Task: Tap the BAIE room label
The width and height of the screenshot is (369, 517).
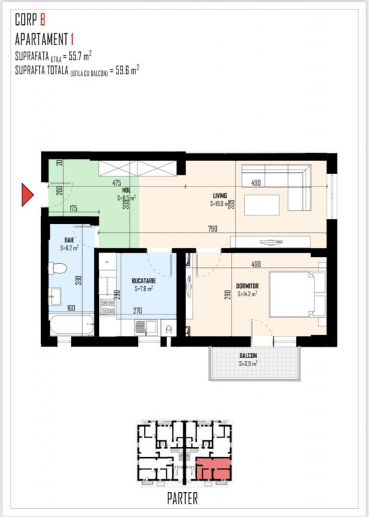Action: coord(69,240)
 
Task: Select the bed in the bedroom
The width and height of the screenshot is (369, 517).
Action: coord(292,294)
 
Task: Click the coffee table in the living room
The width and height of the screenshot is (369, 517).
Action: coord(261,205)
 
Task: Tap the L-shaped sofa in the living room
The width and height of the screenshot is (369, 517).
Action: coord(283,180)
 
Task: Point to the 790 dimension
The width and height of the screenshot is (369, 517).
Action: coord(212,230)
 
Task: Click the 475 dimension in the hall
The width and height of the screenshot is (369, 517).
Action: coord(116,182)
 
